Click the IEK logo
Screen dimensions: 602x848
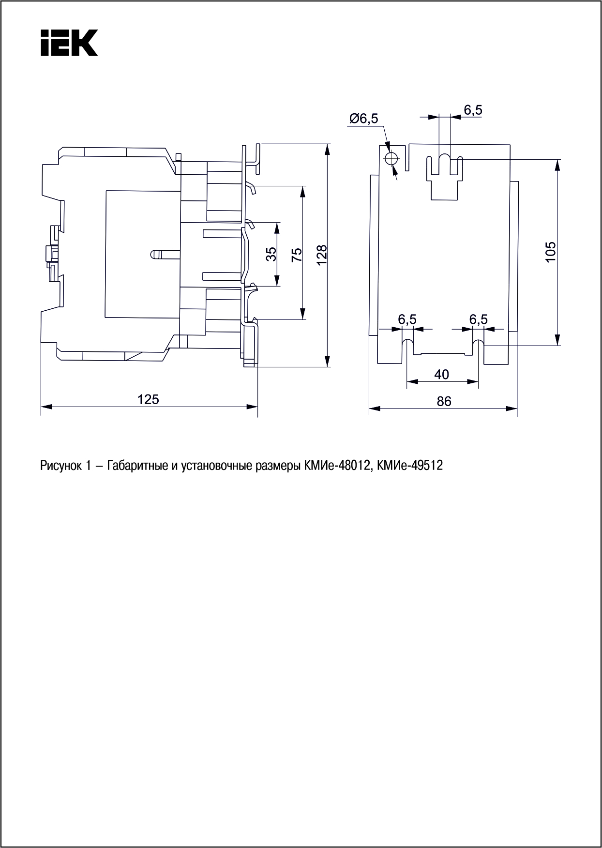pos(69,43)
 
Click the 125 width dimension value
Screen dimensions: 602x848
pos(148,399)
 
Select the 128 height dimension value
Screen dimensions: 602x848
pos(322,255)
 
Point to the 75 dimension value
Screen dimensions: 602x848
pos(297,255)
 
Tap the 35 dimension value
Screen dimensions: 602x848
pos(272,255)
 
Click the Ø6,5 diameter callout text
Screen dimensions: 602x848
pos(364,119)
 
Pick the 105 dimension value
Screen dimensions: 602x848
pos(551,252)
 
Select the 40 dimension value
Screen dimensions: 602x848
pos(441,374)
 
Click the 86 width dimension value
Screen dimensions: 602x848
pos(444,401)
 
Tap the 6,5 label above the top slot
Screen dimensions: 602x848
pos(473,110)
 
